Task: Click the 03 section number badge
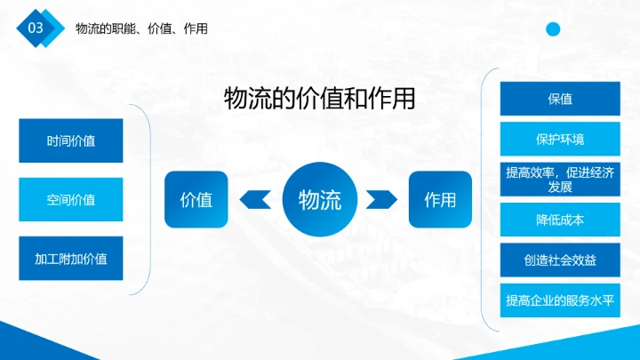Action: pos(36,28)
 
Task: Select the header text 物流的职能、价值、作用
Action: pos(141,28)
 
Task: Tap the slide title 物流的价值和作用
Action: pos(319,98)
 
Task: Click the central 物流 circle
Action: pos(319,199)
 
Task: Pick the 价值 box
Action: pos(196,199)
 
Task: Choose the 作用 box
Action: pos(440,199)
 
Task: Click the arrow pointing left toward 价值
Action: pos(256,199)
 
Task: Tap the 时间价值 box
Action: pos(71,140)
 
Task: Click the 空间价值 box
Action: pos(71,199)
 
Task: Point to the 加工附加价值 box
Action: pos(71,259)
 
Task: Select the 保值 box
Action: pos(559,99)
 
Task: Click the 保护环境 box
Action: pos(559,139)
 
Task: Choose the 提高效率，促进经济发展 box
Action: pos(559,180)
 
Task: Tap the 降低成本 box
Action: pos(559,220)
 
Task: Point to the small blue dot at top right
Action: pos(553,29)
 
